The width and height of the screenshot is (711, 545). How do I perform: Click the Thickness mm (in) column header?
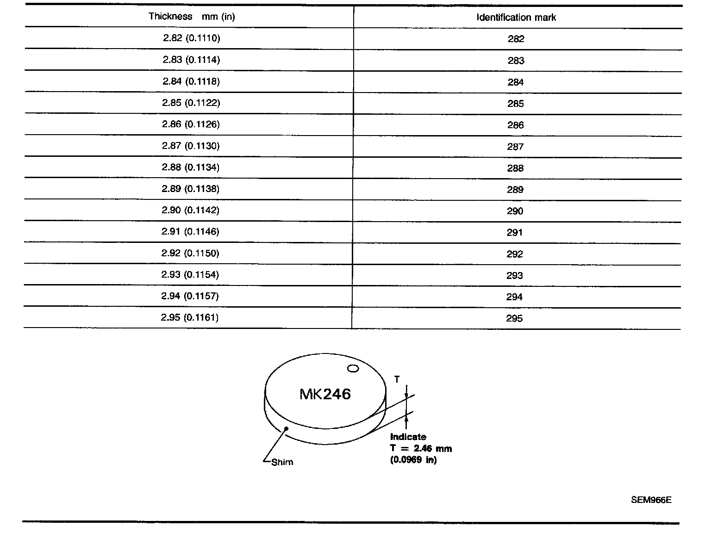point(192,17)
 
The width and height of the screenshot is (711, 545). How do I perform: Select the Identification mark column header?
point(516,18)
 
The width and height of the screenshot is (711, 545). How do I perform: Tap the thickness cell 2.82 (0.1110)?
point(192,38)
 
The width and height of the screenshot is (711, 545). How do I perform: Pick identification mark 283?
point(516,61)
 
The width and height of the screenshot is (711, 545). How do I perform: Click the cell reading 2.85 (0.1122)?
point(191,103)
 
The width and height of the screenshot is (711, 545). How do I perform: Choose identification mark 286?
point(515,125)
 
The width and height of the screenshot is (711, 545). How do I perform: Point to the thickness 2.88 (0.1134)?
point(191,167)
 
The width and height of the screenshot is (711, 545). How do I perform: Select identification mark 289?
point(515,189)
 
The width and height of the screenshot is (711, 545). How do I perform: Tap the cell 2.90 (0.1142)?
point(191,210)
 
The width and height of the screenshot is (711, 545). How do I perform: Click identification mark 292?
point(515,254)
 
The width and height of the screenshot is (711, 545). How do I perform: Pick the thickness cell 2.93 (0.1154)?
point(190,274)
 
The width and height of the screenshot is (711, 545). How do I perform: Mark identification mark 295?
point(514,318)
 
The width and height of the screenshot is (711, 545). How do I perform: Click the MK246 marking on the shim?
point(325,394)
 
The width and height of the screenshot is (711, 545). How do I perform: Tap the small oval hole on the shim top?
point(353,368)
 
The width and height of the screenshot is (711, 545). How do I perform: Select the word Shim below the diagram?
point(282,462)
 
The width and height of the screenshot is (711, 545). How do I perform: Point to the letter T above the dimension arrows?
point(397,379)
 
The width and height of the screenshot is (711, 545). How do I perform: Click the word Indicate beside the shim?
point(408,437)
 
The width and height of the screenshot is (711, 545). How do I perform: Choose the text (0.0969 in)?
point(414,460)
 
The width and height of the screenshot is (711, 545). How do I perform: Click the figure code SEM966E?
point(651,500)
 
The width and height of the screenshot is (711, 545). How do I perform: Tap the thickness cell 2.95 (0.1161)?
point(190,317)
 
